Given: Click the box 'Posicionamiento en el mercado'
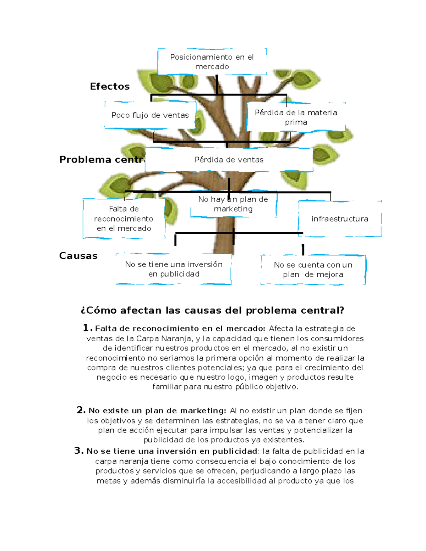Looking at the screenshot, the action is point(212,62).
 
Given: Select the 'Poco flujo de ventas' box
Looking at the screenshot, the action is point(150,115).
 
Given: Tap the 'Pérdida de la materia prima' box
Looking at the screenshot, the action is point(296,117).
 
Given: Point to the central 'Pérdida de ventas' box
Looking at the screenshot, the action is point(229,160).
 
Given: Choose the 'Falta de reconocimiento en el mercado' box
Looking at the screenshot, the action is point(124,219).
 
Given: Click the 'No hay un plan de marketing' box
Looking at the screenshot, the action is point(233,204).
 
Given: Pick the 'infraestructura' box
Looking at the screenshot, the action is point(340,219).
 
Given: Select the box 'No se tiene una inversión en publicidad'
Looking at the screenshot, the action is point(174,269).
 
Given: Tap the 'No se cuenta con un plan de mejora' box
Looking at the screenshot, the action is point(313,270).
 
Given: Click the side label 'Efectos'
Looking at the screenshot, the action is point(110,86).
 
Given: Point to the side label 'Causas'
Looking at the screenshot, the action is point(78,255).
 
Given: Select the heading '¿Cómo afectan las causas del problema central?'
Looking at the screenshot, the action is point(212,310).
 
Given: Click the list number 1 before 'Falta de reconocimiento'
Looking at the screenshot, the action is point(87,328).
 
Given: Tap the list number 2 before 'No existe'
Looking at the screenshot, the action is point(81,410).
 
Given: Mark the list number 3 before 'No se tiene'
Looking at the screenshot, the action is point(78,451).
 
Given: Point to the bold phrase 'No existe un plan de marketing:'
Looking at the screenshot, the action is point(157,411).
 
